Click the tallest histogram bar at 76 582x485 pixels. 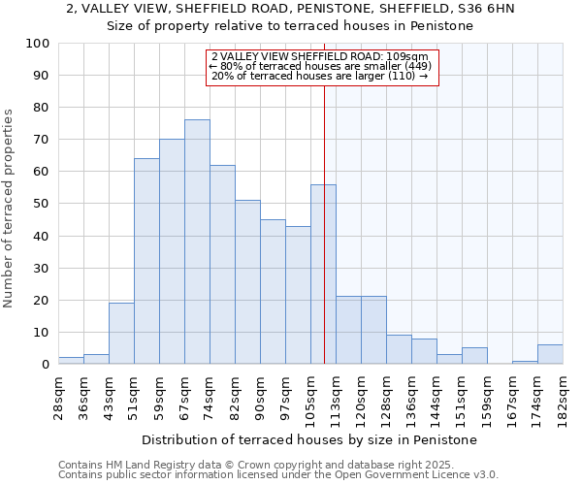[x=197, y=242]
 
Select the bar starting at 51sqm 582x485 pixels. [x=146, y=262]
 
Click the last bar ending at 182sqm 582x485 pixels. [x=550, y=355]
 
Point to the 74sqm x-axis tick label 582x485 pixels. [x=210, y=395]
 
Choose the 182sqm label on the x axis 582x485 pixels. [x=563, y=395]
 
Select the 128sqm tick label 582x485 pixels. [x=386, y=395]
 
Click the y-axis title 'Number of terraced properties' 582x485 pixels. [x=10, y=208]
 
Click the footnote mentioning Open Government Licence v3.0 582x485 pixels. [x=278, y=474]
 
